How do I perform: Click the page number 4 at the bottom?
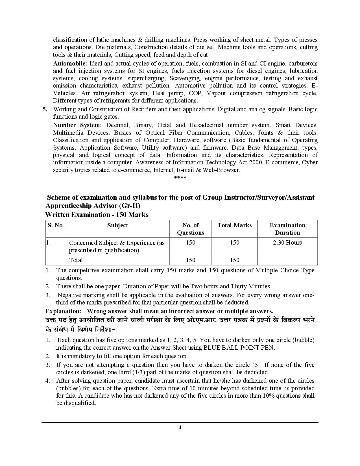click(180, 427)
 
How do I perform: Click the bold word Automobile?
click(70, 64)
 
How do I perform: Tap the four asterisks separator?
click(180, 178)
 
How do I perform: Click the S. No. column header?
click(56, 225)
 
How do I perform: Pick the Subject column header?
click(117, 225)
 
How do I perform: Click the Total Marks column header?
click(234, 225)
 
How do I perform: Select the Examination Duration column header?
click(287, 229)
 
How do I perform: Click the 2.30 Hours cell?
click(287, 243)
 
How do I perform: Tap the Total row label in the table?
click(76, 260)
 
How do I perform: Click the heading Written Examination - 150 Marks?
click(97, 215)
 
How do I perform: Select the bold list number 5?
click(45, 109)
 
